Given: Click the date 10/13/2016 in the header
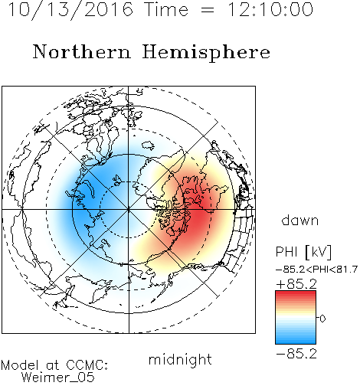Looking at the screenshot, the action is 70,10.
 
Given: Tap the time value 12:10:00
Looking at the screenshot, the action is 270,9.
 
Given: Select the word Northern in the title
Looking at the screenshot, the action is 82,52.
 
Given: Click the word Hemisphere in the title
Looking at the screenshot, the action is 206,53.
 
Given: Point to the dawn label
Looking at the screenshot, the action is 300,220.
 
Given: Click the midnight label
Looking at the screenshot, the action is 180,359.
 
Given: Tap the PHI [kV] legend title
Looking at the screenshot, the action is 303,252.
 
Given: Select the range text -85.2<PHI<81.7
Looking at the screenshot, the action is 317,270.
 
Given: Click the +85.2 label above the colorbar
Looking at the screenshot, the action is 296,284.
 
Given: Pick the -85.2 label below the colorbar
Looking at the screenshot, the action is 296,354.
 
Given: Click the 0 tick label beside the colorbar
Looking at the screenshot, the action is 322,319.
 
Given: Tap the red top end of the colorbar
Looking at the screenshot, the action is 296,293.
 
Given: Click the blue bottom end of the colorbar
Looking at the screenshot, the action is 296,342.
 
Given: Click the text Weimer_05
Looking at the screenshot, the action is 58,378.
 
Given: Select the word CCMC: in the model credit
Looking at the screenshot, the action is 87,365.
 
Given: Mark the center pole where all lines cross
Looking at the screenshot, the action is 129,210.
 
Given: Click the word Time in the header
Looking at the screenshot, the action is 166,9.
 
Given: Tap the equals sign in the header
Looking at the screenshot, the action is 208,11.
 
